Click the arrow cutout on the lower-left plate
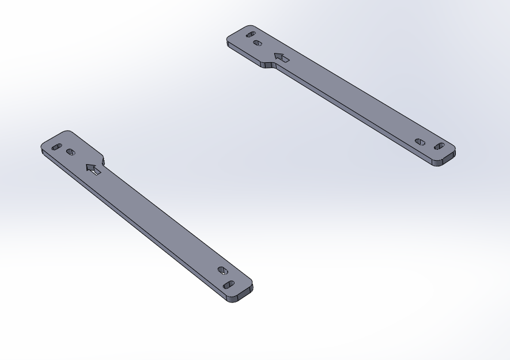coord(93,169)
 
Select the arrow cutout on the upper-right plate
coord(282,58)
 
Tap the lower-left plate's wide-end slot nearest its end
coord(56,147)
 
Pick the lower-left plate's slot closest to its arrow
coord(71,152)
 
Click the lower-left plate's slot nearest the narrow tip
coord(229,285)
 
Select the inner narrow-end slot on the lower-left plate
coord(222,270)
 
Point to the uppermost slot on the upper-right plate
coord(251,35)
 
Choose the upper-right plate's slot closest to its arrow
coord(258,43)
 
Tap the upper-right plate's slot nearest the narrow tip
coord(440,146)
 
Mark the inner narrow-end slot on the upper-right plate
coord(420,142)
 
